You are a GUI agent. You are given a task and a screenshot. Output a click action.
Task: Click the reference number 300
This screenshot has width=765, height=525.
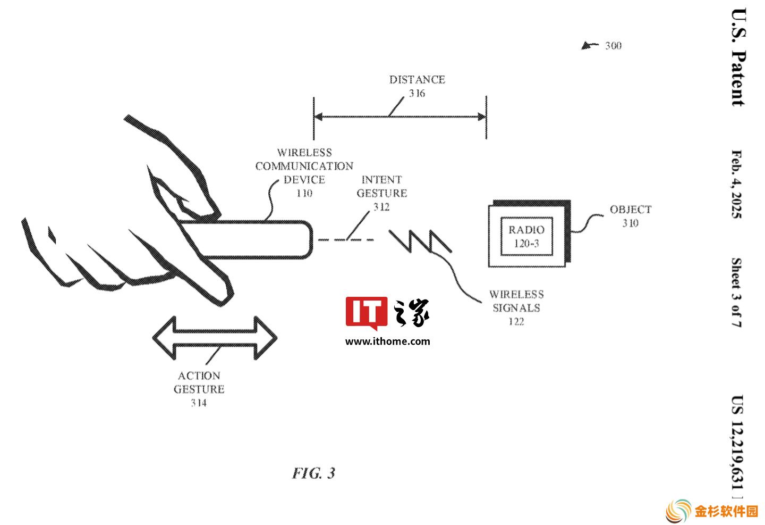click(x=613, y=46)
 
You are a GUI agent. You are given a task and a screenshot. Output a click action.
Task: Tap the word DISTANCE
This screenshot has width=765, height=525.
click(x=417, y=80)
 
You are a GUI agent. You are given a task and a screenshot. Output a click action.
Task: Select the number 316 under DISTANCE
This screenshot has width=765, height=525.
click(x=417, y=94)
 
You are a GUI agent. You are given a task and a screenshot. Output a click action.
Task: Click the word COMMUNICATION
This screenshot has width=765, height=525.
click(x=304, y=166)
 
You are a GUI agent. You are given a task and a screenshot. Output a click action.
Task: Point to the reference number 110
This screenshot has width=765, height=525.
click(x=304, y=193)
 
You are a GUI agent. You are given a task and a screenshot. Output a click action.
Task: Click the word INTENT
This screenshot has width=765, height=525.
click(x=381, y=180)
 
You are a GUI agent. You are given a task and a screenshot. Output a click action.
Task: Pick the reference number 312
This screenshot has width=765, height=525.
click(x=381, y=207)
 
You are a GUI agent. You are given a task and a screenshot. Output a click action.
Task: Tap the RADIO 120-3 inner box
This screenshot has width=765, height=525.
click(x=526, y=236)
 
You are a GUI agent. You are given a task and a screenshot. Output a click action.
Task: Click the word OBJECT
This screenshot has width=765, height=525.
click(x=631, y=210)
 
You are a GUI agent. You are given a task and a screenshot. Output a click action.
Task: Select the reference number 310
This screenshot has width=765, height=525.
click(x=630, y=223)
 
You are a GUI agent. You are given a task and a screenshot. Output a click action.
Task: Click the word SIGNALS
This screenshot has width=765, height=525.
click(x=516, y=308)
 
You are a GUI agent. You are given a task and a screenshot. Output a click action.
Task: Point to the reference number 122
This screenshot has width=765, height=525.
click(x=516, y=321)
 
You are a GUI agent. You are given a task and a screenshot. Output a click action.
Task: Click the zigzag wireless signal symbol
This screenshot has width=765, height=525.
click(x=420, y=241)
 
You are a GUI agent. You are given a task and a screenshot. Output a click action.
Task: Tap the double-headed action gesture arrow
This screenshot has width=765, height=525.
click(x=215, y=338)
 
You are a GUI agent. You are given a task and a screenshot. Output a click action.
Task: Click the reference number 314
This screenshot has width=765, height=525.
click(x=199, y=403)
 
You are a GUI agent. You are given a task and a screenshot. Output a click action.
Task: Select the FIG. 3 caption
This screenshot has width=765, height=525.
click(x=313, y=473)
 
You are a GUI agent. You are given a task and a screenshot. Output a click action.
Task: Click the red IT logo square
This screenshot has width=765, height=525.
click(x=367, y=312)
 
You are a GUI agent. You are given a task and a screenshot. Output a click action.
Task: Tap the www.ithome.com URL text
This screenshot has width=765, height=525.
click(x=388, y=341)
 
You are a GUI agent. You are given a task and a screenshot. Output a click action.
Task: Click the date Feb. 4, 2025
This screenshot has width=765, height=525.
click(x=736, y=184)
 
